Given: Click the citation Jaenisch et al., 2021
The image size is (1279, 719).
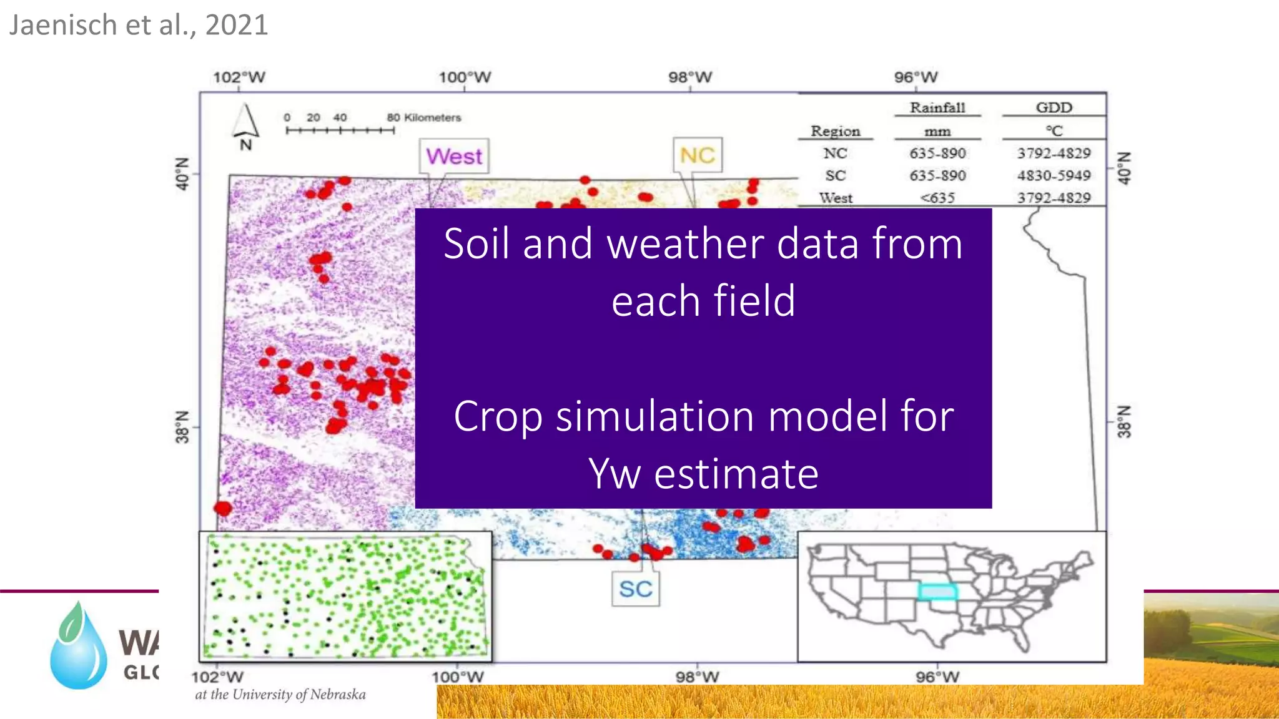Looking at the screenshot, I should tap(139, 26).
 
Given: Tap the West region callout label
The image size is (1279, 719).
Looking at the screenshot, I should tap(454, 156).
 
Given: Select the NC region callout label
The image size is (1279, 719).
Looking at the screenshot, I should tap(697, 155).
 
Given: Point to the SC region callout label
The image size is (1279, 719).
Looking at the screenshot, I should tap(635, 589).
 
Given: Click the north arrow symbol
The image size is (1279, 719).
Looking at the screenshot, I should tap(245, 122).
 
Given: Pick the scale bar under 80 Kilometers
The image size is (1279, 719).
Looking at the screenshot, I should tap(340, 130).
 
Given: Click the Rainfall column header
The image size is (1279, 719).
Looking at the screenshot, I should tap(937, 108).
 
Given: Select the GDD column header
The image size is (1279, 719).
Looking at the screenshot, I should tap(1054, 108).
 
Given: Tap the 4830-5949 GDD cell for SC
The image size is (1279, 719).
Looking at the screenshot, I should tap(1054, 175).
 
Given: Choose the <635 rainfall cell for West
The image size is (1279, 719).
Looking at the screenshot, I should tap(937, 198).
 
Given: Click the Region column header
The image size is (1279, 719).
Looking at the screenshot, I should tap(835, 131).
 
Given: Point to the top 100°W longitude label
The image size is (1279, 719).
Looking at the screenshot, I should tap(464, 77).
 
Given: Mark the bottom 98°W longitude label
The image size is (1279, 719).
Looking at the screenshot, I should tap(697, 677).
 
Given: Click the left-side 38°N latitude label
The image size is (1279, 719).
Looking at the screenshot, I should tap(182, 427).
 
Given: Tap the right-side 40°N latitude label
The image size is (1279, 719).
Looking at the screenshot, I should tap(1123, 168).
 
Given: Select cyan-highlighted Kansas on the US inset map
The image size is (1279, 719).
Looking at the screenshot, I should tap(937, 591).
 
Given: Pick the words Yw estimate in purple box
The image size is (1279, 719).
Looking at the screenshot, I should tap(703, 474).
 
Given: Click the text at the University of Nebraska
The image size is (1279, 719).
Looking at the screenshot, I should tap(280, 695).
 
